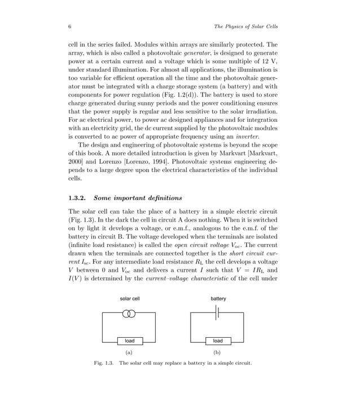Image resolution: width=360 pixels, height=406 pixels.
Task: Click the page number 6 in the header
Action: (69, 27)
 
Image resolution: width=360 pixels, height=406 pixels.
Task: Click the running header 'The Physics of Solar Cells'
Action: (247, 27)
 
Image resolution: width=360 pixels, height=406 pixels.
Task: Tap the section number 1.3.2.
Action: (78, 198)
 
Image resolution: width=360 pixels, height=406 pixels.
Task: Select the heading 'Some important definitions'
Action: (138, 198)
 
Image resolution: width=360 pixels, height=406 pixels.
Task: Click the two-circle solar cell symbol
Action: (129, 314)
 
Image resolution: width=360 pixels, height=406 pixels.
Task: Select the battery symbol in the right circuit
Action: (218, 314)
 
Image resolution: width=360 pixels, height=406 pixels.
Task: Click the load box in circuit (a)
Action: (129, 341)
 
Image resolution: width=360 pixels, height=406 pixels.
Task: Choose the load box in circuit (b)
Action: (218, 341)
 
